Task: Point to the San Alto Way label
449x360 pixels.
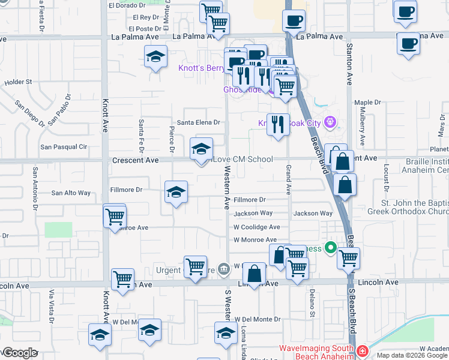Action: [71, 193]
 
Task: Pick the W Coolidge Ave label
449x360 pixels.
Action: [257, 227]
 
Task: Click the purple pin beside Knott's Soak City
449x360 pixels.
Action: [329, 123]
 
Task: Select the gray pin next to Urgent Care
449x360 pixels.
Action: [223, 269]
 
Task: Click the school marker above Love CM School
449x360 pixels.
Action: [201, 149]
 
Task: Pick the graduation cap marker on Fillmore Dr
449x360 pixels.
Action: [176, 192]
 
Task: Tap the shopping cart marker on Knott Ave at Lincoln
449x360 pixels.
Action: [122, 279]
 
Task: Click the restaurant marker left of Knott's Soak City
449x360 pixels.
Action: [277, 124]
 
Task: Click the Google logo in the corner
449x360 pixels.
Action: [20, 353]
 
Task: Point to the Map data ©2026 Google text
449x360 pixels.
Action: [411, 355]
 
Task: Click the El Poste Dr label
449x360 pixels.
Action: [145, 28]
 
